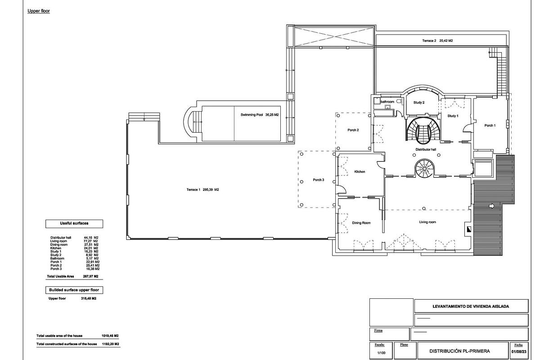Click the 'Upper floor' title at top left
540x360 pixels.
click(38, 11)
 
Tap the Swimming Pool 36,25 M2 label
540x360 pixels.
click(260, 115)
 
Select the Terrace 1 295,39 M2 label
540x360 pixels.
click(202, 190)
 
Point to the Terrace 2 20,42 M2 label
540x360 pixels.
click(437, 41)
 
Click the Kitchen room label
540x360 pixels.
click(360, 172)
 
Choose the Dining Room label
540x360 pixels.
click(361, 223)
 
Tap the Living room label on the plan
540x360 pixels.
click(427, 222)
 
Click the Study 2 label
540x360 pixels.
click(419, 103)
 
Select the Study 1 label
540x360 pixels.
click(453, 116)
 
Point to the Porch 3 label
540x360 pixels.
click(318, 180)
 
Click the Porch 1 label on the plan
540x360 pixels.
click(490, 126)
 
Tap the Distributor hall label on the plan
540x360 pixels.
click(425, 149)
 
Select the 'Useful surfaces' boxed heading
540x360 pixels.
click(74, 224)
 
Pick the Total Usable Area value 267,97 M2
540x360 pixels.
click(91, 276)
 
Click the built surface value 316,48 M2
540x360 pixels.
click(89, 298)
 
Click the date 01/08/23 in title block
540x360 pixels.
click(518, 352)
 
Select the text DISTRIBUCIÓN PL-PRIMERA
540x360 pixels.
click(459, 351)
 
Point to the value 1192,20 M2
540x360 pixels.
click(110, 344)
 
